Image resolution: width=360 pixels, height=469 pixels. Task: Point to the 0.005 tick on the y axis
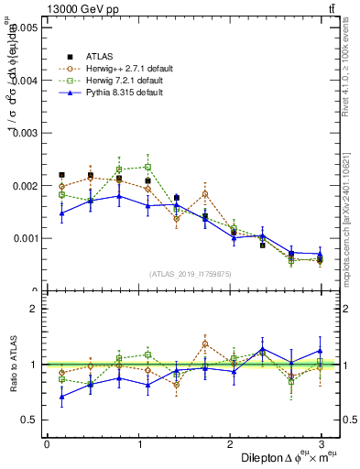(x=26, y=28)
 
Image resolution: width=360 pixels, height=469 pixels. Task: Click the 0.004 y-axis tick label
(x=26, y=81)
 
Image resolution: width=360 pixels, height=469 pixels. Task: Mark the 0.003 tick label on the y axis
(x=26, y=134)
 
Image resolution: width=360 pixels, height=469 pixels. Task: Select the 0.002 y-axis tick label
(x=26, y=186)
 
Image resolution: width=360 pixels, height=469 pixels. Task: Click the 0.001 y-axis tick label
(x=26, y=238)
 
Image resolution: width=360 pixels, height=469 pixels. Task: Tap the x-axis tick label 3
(x=322, y=444)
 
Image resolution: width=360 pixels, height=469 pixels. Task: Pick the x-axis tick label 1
(x=138, y=444)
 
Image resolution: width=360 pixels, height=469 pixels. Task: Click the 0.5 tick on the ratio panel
(x=29, y=420)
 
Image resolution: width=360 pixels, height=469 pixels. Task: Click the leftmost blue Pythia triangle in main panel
(x=61, y=213)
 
